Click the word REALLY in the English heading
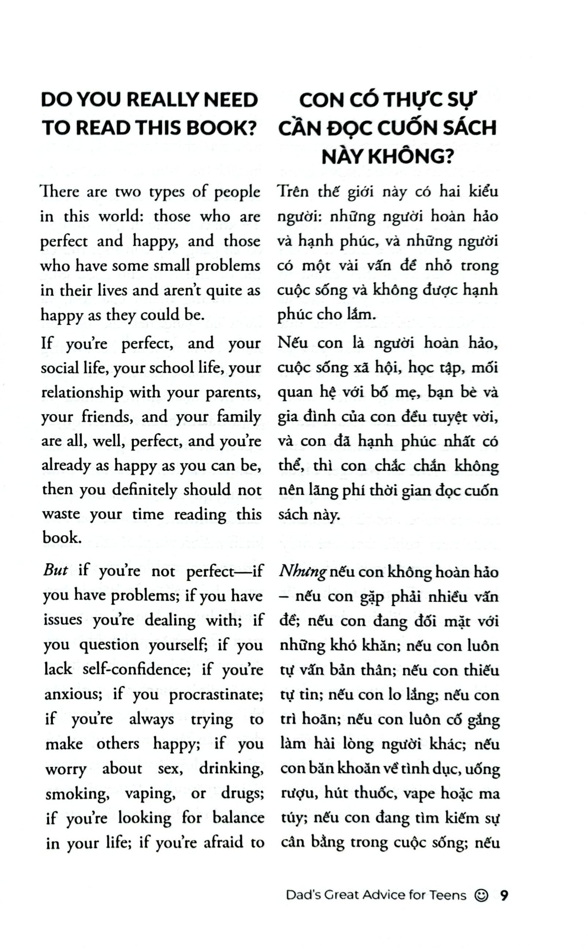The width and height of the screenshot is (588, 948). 156,100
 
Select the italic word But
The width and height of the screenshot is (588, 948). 56,570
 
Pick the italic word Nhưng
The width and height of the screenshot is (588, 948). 303,572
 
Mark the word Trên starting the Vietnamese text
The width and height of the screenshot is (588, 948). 293,192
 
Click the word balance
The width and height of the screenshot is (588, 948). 238,818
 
